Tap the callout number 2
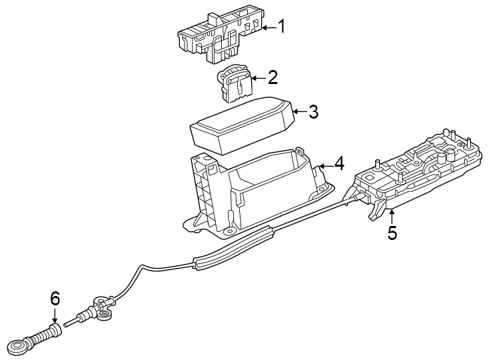[x=272, y=78]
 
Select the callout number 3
[x=312, y=112]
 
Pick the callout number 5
[x=392, y=233]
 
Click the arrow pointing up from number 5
[x=392, y=215]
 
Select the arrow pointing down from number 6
[x=55, y=316]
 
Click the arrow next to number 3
[x=298, y=112]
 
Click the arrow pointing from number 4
[x=324, y=164]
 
